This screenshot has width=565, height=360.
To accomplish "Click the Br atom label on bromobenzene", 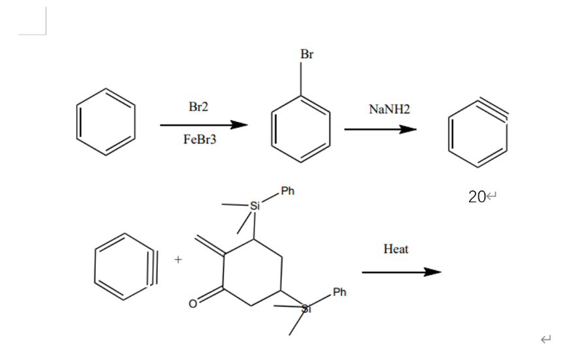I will click(x=307, y=54).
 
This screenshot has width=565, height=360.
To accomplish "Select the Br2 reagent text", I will click(x=198, y=106).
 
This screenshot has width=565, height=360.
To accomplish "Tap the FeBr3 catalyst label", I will click(x=200, y=140).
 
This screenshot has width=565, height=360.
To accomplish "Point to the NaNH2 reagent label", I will click(x=389, y=110).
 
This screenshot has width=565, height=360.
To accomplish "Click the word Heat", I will click(x=396, y=249).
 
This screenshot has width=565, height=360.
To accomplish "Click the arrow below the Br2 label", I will click(x=204, y=125).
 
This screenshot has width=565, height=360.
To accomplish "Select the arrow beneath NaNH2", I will click(x=380, y=129).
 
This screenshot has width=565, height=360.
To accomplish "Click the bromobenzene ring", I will click(x=301, y=128).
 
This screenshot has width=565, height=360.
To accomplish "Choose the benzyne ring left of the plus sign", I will click(x=124, y=267).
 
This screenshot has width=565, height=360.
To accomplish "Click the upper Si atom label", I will click(x=254, y=205).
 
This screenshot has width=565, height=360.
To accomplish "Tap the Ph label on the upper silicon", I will click(x=288, y=191).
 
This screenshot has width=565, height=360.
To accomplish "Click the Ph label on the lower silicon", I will click(x=339, y=292).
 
